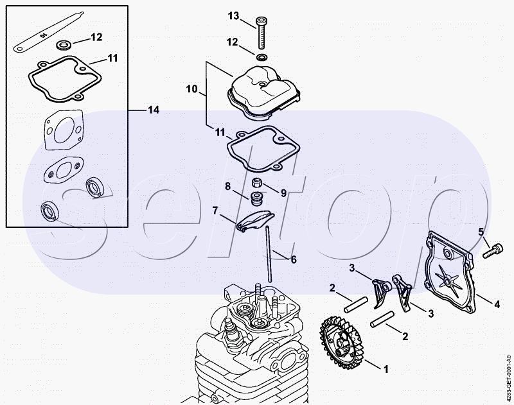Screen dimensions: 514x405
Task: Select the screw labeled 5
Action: (493, 252)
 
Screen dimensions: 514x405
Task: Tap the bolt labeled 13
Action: (261, 32)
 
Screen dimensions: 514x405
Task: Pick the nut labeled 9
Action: (256, 182)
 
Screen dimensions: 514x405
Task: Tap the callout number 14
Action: (153, 110)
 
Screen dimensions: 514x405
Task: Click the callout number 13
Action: (233, 15)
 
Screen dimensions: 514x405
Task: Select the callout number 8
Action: (228, 186)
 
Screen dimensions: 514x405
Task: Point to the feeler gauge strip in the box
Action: (49, 32)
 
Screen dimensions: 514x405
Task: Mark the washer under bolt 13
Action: (261, 57)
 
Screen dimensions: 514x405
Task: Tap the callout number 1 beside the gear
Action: (386, 369)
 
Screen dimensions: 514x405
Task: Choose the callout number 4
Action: (497, 304)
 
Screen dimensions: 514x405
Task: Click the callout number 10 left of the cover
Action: (191, 89)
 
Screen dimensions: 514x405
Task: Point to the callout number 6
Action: (294, 260)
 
